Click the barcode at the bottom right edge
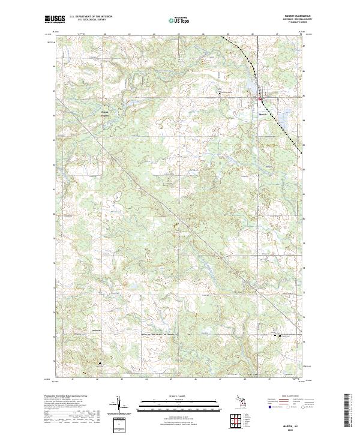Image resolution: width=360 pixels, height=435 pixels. point(348,414)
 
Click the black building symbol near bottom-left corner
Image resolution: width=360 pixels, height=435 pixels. point(99,362)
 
